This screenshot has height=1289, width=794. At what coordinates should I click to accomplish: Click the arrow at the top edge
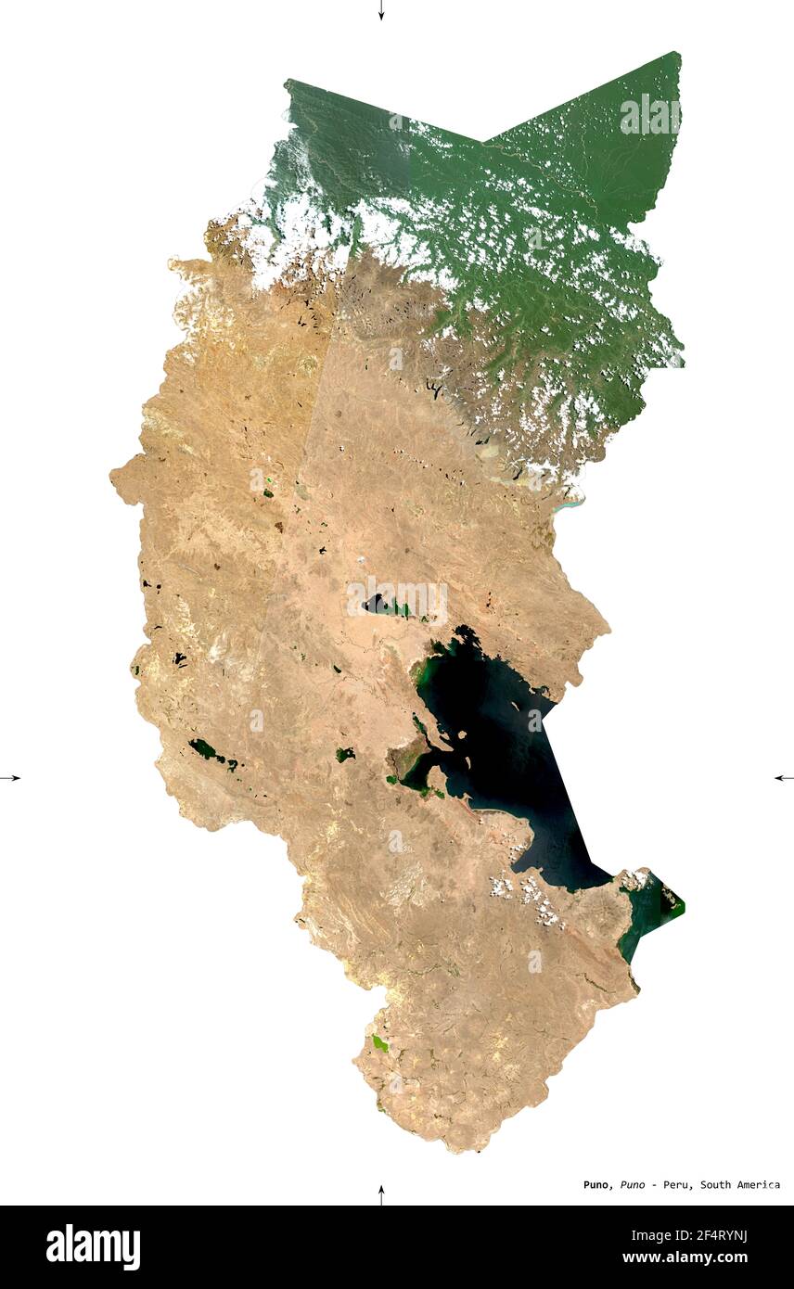click(x=380, y=10)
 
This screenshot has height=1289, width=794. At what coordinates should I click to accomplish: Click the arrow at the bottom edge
click(x=380, y=1194)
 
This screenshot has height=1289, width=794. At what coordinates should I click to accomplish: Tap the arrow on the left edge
click(x=10, y=777)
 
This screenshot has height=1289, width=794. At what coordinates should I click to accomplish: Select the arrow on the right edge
click(x=784, y=777)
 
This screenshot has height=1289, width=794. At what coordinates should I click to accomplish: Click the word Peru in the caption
click(x=676, y=1184)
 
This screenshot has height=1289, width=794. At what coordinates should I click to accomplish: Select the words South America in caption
click(x=740, y=1184)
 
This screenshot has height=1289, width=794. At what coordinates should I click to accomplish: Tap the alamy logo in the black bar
click(x=93, y=1247)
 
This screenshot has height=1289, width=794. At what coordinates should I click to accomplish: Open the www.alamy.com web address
click(x=685, y=1258)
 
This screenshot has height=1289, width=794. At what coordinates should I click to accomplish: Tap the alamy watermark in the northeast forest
click(x=649, y=115)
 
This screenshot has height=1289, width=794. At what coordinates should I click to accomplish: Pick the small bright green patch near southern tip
click(x=379, y=1043)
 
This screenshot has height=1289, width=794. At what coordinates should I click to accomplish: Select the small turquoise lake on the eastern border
click(x=569, y=506)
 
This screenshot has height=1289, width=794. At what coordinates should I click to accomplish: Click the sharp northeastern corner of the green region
click(x=677, y=55)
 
